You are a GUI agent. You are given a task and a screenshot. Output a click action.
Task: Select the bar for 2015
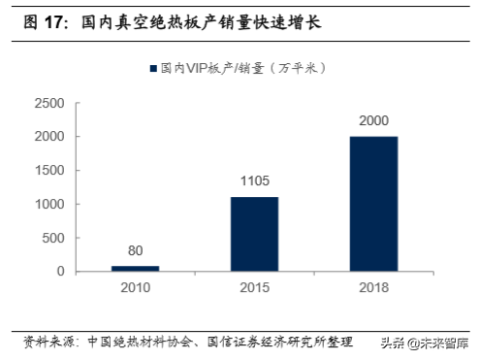point(255,234)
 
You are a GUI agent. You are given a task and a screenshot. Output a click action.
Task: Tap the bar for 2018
point(372,203)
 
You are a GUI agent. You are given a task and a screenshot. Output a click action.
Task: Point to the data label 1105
point(255,181)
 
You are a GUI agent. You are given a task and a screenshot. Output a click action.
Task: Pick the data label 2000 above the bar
point(372,121)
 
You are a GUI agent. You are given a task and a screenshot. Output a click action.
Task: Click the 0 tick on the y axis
point(60,272)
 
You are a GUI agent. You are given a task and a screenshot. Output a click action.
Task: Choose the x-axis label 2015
point(255,289)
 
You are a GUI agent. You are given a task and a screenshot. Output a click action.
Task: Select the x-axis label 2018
point(372,289)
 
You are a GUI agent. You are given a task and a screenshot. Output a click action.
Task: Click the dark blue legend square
point(152,69)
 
